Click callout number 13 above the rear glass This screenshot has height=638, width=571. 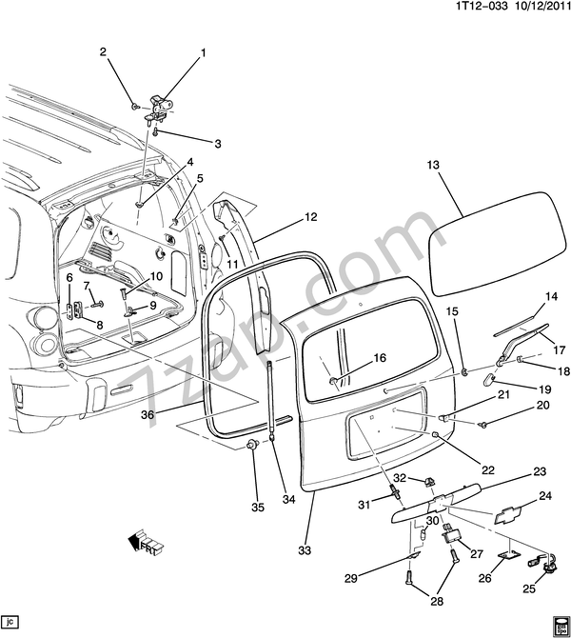[433, 165]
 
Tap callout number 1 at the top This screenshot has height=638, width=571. [202, 53]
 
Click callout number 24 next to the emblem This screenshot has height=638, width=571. [545, 495]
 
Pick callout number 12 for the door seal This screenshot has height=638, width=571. [310, 217]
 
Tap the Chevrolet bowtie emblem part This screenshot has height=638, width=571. [511, 513]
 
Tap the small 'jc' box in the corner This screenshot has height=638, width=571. [10, 621]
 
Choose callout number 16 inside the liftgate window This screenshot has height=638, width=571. [380, 358]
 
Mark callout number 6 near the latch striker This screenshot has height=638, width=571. [69, 278]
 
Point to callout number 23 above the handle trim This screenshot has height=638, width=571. [539, 472]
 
